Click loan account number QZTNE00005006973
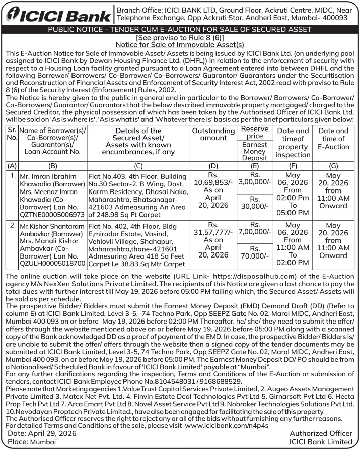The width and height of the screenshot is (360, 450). [x=53, y=215]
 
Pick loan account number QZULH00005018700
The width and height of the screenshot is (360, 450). [x=52, y=264]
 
